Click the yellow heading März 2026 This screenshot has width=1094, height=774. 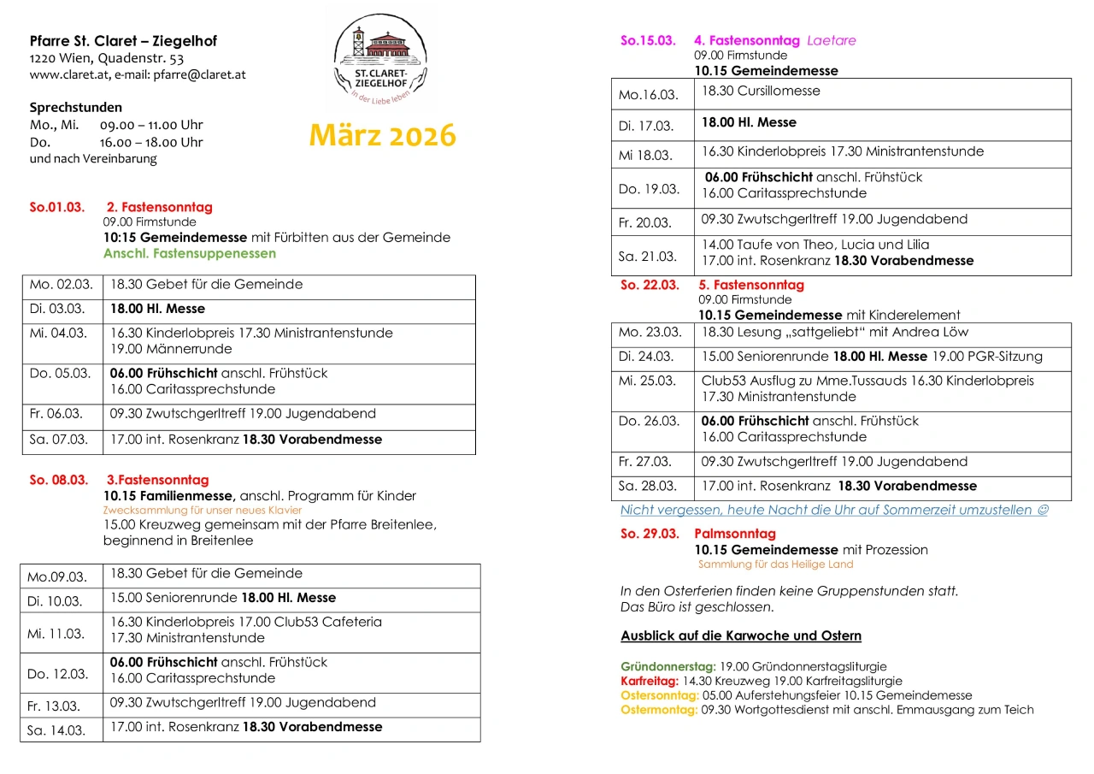(382, 135)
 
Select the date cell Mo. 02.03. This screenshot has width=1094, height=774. (59, 285)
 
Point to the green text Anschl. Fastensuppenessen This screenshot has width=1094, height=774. (189, 253)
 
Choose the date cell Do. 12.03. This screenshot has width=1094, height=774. (57, 674)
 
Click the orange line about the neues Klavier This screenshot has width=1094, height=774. (202, 511)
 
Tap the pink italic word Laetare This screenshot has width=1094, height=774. (831, 40)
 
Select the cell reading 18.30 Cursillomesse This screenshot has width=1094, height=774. (761, 92)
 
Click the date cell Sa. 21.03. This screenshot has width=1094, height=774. (647, 257)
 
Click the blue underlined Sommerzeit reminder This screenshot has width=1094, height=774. (833, 510)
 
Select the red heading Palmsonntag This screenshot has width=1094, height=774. (734, 534)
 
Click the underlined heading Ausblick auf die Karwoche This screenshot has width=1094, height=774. (740, 635)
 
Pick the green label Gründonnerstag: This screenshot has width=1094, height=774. (668, 666)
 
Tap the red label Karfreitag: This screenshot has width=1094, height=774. (649, 681)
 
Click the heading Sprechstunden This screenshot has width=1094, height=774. (75, 108)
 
